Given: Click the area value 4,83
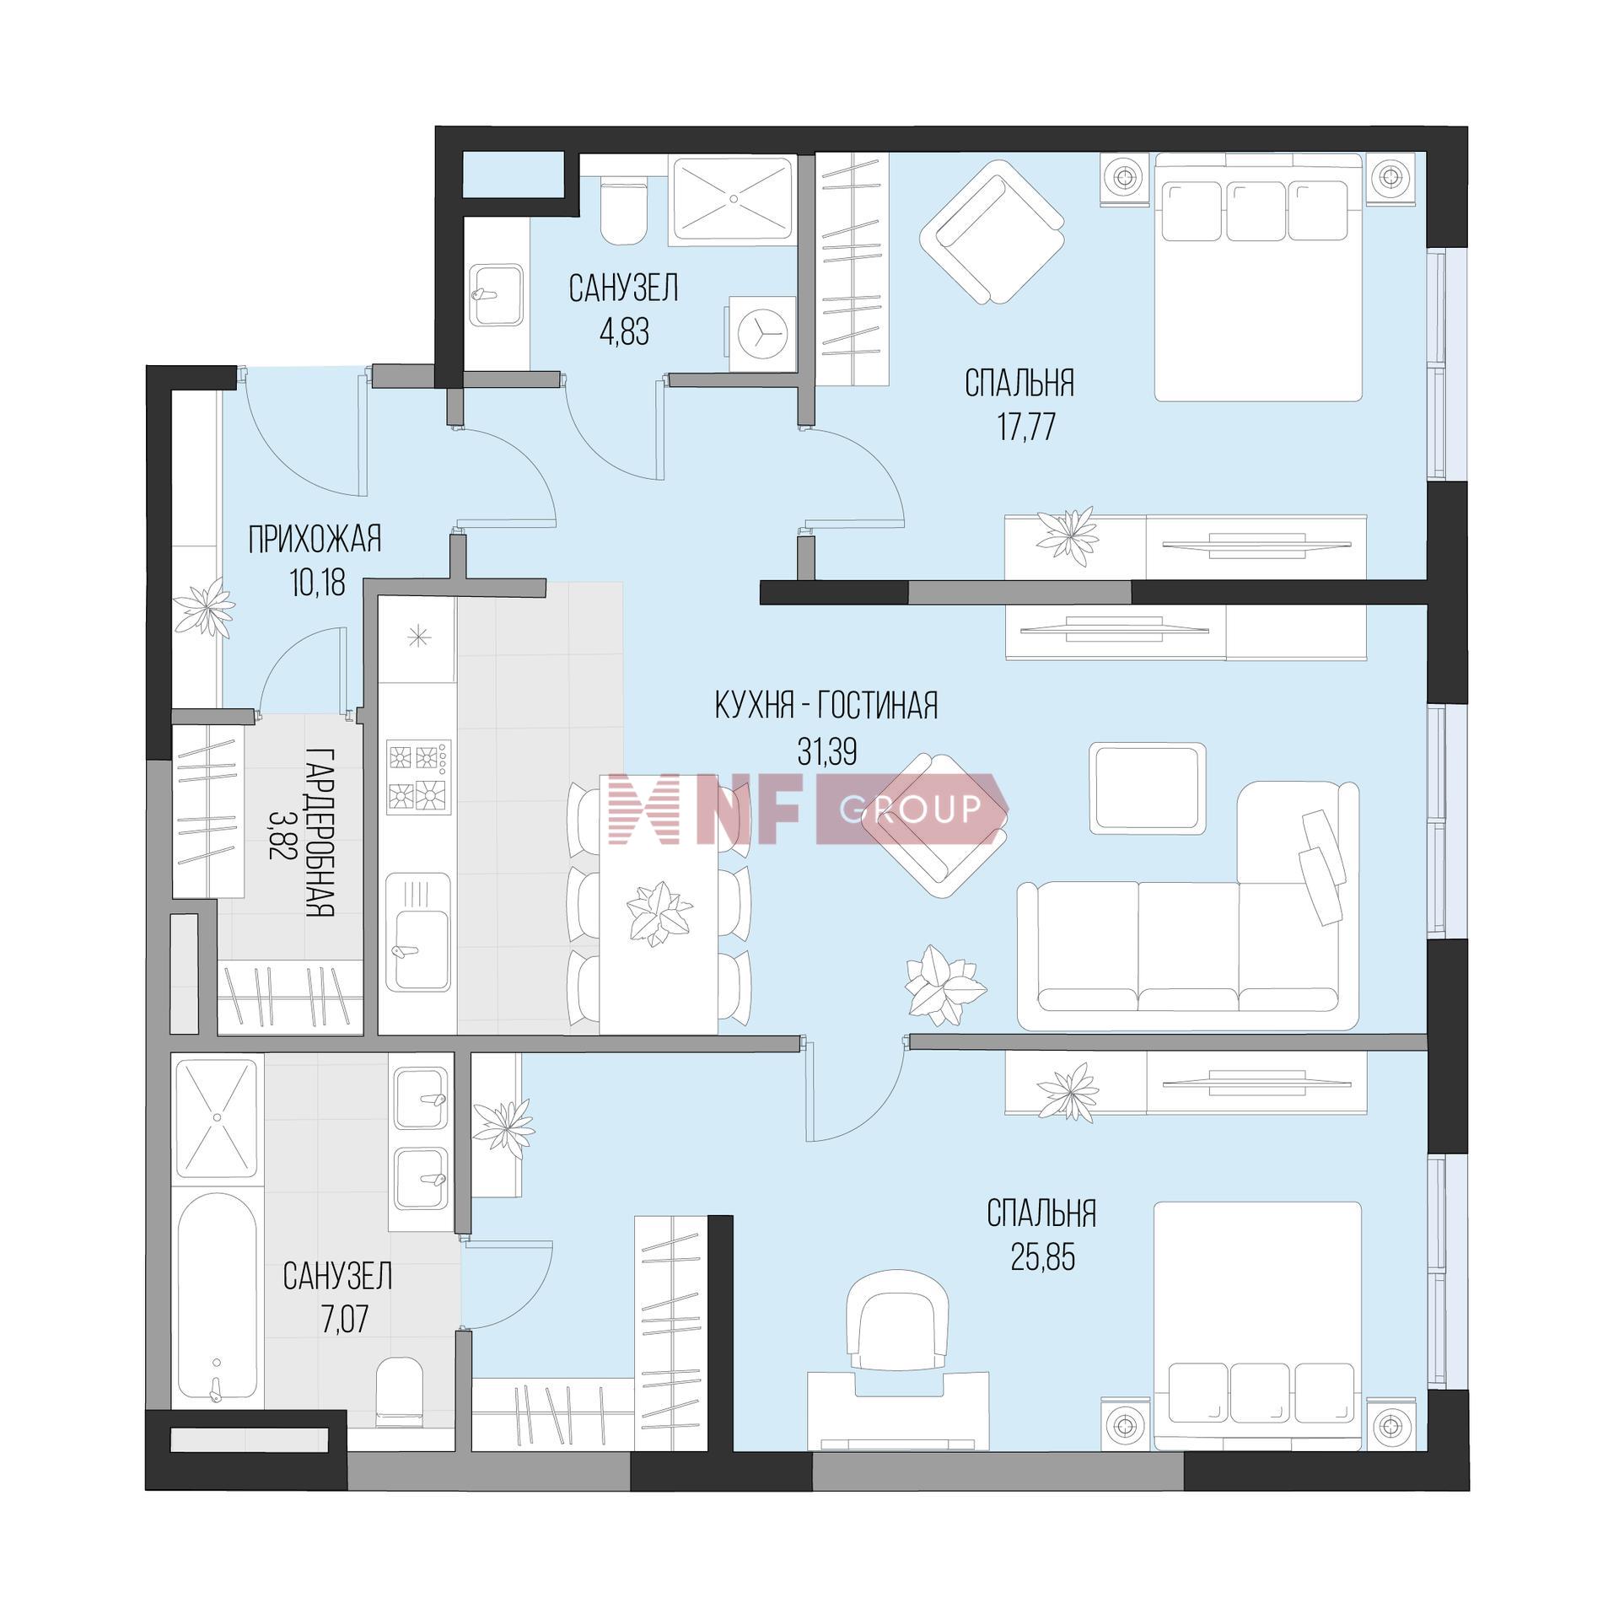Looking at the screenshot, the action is pos(624,334).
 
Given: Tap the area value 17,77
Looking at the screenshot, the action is pos(1025,428).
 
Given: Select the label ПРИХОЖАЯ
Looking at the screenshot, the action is pos(315,540).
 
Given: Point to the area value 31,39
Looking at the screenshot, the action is pos(827,751).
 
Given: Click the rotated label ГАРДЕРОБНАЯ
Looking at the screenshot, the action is pos(321,831).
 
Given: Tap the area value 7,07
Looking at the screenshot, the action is pos(338,1321).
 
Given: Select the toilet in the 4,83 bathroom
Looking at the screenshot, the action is pos(623,211).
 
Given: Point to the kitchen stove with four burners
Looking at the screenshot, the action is pos(419,777).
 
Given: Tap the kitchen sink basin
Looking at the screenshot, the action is pos(419,933).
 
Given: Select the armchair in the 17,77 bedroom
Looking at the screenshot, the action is pos(992,234).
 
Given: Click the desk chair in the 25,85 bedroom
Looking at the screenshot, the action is pos(898,1323).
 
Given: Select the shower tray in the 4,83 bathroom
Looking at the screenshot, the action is pos(734,200).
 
